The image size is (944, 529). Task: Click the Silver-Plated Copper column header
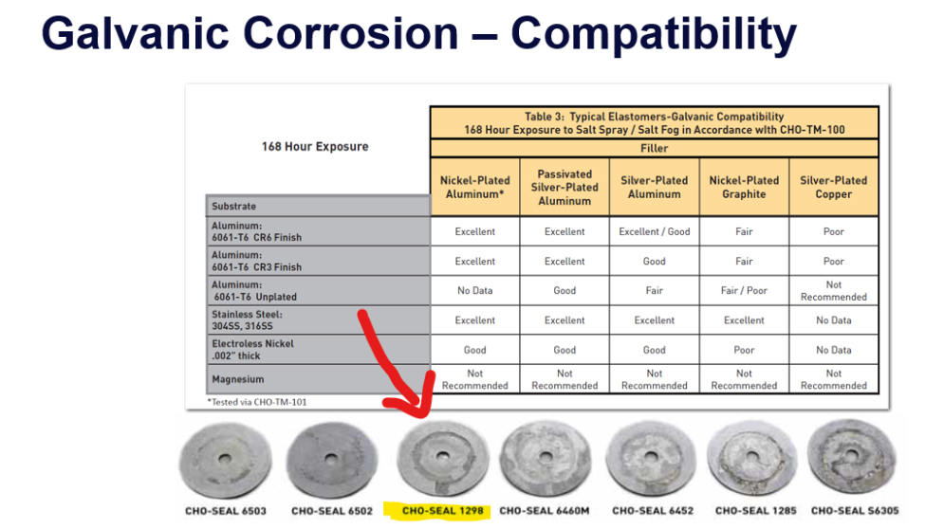click(x=833, y=187)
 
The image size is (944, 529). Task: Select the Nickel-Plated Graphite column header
click(x=744, y=187)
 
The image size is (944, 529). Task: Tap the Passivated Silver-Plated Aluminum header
click(x=565, y=187)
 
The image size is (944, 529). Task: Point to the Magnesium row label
click(x=238, y=379)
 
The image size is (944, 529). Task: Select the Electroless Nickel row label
click(x=252, y=350)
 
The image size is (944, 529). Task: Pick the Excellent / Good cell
click(x=655, y=231)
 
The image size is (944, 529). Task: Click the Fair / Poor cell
click(x=744, y=291)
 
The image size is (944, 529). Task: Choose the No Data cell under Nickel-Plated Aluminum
click(x=474, y=291)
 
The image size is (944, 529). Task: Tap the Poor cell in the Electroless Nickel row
click(x=744, y=350)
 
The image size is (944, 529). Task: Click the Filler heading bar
click(x=655, y=148)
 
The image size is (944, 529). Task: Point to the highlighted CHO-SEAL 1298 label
click(x=442, y=511)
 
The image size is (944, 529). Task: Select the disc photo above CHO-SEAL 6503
click(x=225, y=460)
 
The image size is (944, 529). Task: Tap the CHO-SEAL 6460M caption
click(x=545, y=511)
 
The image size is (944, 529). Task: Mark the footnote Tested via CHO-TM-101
click(x=257, y=402)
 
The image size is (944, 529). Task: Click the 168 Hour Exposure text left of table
click(x=315, y=146)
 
